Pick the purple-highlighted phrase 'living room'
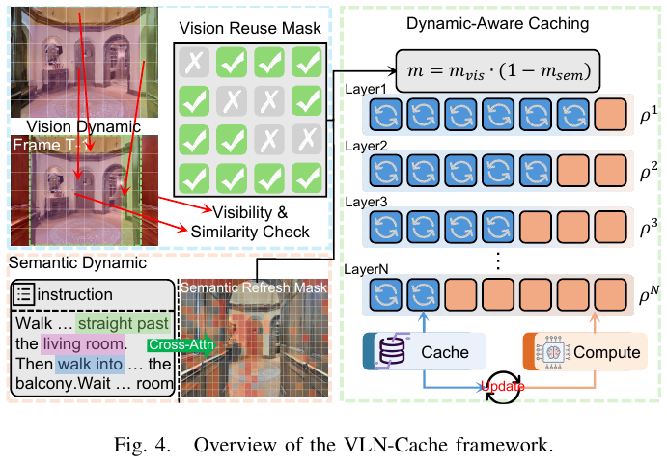tap(84, 342)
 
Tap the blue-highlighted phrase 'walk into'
tap(88, 365)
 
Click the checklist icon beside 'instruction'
tap(26, 292)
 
